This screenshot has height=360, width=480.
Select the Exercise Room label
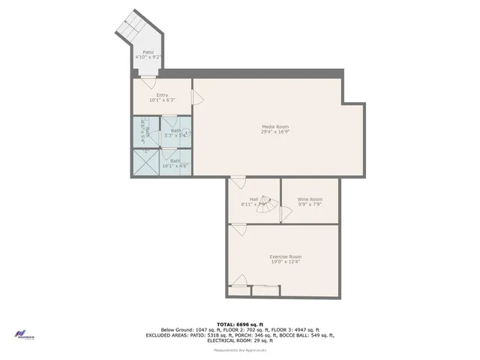(x=285, y=256)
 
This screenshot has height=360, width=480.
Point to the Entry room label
(x=162, y=95)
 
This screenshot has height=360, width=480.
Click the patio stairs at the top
(x=132, y=26)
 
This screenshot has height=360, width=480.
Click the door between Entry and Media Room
(x=196, y=98)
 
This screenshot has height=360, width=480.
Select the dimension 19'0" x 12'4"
(x=285, y=262)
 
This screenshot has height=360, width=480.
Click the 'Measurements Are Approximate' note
(x=240, y=349)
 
